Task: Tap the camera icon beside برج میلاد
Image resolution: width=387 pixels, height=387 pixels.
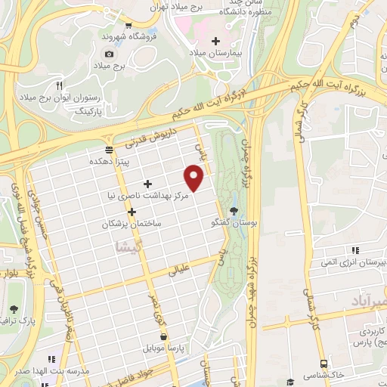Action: click(110, 54)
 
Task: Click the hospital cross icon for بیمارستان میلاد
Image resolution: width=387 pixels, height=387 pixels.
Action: click(216, 40)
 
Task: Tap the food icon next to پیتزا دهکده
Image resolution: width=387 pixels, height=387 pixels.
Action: click(110, 150)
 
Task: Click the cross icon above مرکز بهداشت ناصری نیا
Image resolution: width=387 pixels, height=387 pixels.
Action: click(147, 184)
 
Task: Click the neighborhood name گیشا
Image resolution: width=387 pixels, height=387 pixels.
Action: click(123, 246)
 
